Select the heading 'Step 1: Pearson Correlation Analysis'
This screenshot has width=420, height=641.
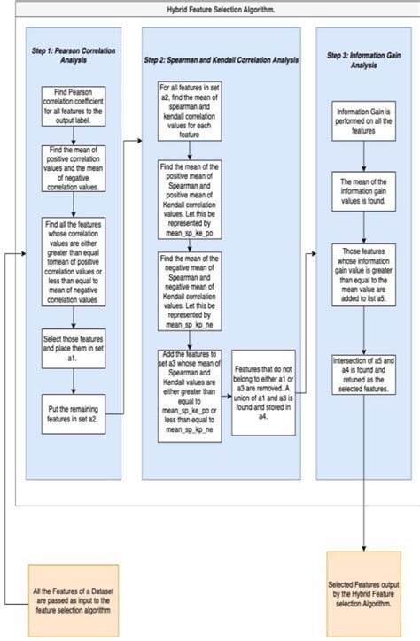[74, 54]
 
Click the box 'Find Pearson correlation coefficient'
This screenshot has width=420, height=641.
[74, 107]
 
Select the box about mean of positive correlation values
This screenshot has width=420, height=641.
[74, 168]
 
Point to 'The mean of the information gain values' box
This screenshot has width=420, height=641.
[362, 193]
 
